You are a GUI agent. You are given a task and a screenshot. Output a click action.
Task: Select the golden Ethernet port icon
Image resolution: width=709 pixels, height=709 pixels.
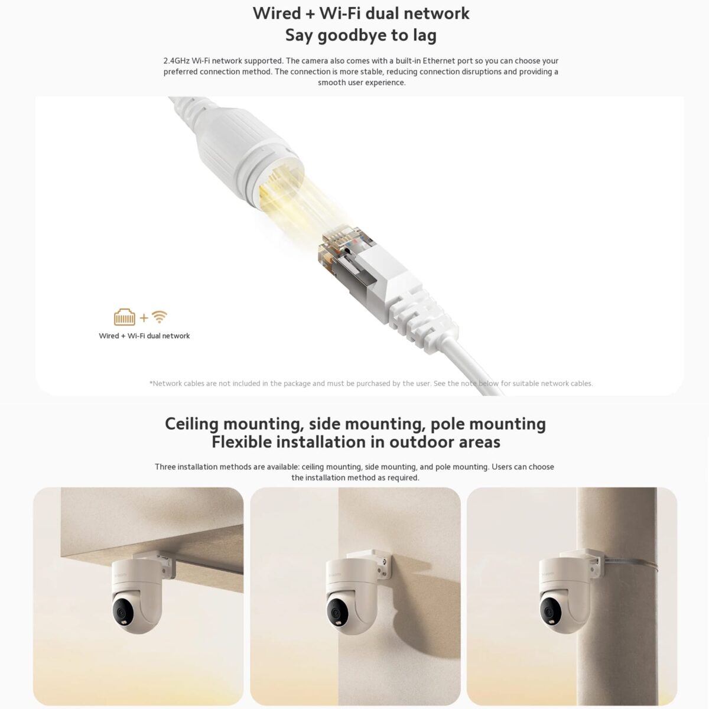point(125,318)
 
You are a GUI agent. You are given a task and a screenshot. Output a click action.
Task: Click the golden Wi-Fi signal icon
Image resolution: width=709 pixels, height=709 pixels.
point(159,317)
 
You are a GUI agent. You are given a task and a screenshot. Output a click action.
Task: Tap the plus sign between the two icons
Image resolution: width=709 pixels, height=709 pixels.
point(144,318)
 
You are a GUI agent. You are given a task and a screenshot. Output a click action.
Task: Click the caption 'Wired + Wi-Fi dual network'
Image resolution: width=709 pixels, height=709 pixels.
point(144,336)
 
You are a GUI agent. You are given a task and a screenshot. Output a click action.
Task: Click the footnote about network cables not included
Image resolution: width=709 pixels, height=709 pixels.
point(371,383)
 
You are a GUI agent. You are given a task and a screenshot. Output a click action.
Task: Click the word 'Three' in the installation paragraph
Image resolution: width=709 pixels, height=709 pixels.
point(167,467)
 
